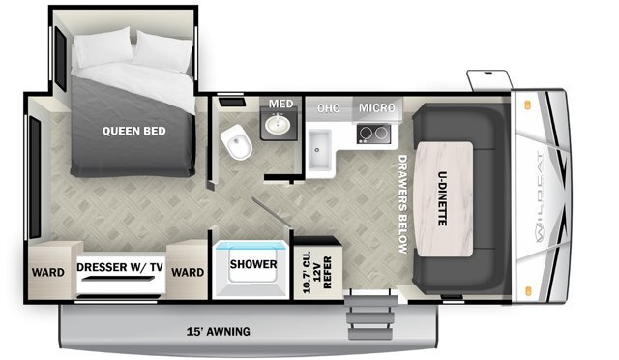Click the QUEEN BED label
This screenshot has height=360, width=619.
click(133, 131)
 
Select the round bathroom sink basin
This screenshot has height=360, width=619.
click(278, 124)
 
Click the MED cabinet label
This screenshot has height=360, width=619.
click(281, 104)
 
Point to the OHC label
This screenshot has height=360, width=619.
click(328, 108)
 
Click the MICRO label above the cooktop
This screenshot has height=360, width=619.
click(376, 107)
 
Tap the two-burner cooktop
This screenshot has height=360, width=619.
click(373, 134)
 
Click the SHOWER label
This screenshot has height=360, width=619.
click(253, 264)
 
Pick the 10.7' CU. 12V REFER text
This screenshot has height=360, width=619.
click(317, 272)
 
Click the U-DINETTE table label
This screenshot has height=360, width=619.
click(443, 198)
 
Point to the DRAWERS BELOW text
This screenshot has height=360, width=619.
click(402, 204)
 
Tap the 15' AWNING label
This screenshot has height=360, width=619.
click(219, 331)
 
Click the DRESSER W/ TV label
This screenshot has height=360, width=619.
click(120, 267)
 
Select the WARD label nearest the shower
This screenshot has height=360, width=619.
click(188, 272)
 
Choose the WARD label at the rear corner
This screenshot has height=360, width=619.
click(48, 272)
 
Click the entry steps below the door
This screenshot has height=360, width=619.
click(370, 315)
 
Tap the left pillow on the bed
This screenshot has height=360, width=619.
click(103, 46)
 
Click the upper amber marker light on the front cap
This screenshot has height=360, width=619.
click(527, 105)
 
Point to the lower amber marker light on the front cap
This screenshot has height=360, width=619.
click(528, 291)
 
